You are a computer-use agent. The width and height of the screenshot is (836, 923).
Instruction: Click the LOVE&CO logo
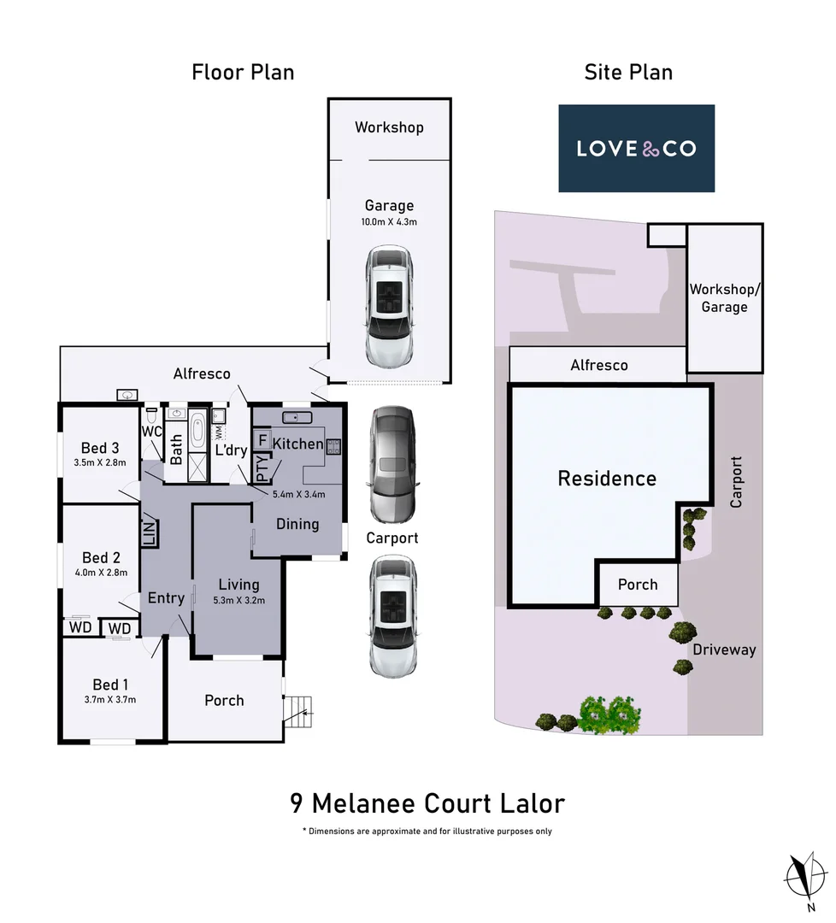pyautogui.click(x=636, y=149)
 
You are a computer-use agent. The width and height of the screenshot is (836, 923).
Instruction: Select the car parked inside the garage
pyautogui.click(x=389, y=305)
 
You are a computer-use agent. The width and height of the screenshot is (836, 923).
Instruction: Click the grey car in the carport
pyautogui.click(x=392, y=464)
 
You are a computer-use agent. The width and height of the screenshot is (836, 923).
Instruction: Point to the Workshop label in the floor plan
pyautogui.click(x=389, y=127)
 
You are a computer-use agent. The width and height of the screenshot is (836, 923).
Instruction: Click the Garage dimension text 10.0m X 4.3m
pyautogui.click(x=389, y=221)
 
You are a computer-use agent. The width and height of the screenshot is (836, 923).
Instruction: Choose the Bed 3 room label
pyautogui.click(x=100, y=448)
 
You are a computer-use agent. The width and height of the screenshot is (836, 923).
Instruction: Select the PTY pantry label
pyautogui.click(x=262, y=470)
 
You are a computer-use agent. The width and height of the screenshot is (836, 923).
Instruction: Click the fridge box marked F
pyautogui.click(x=262, y=441)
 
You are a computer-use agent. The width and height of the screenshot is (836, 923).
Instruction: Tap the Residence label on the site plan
pyautogui.click(x=607, y=478)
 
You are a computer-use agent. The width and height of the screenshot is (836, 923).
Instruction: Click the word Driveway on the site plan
pyautogui.click(x=724, y=650)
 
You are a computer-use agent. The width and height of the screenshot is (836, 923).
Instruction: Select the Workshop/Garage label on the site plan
pyautogui.click(x=724, y=298)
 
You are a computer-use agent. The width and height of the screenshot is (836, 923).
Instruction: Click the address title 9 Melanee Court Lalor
pyautogui.click(x=427, y=803)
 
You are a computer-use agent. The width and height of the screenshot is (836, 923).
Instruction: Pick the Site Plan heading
pyautogui.click(x=628, y=72)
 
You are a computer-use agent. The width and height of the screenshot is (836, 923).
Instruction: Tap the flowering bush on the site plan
pyautogui.click(x=609, y=714)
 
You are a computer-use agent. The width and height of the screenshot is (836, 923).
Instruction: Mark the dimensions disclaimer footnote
pyautogui.click(x=427, y=831)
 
